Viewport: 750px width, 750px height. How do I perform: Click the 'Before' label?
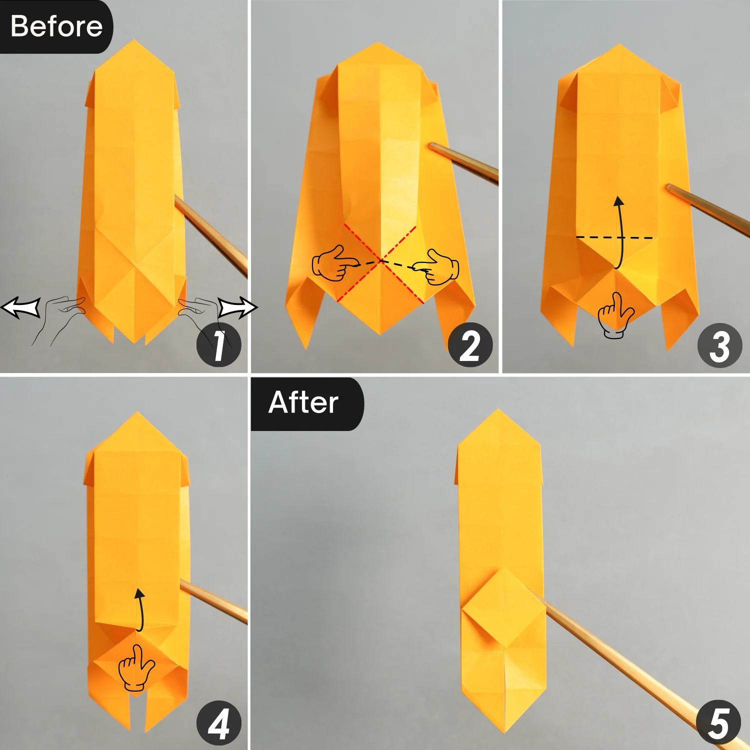(x=56, y=26)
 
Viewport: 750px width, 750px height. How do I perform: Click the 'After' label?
(x=303, y=403)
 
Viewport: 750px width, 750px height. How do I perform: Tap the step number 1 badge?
(x=218, y=345)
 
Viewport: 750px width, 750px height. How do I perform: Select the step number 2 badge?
(x=470, y=345)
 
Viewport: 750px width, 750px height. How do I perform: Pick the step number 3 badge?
(x=719, y=345)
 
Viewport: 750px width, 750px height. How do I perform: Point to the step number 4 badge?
(x=218, y=723)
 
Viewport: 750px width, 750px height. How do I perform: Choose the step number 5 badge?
(x=718, y=723)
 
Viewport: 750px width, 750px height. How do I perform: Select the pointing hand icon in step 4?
(x=135, y=668)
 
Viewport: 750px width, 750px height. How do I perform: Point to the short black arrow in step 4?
(x=140, y=609)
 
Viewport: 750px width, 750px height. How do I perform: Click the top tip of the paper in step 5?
(x=498, y=411)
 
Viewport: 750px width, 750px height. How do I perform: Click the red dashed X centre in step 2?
(x=381, y=260)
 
